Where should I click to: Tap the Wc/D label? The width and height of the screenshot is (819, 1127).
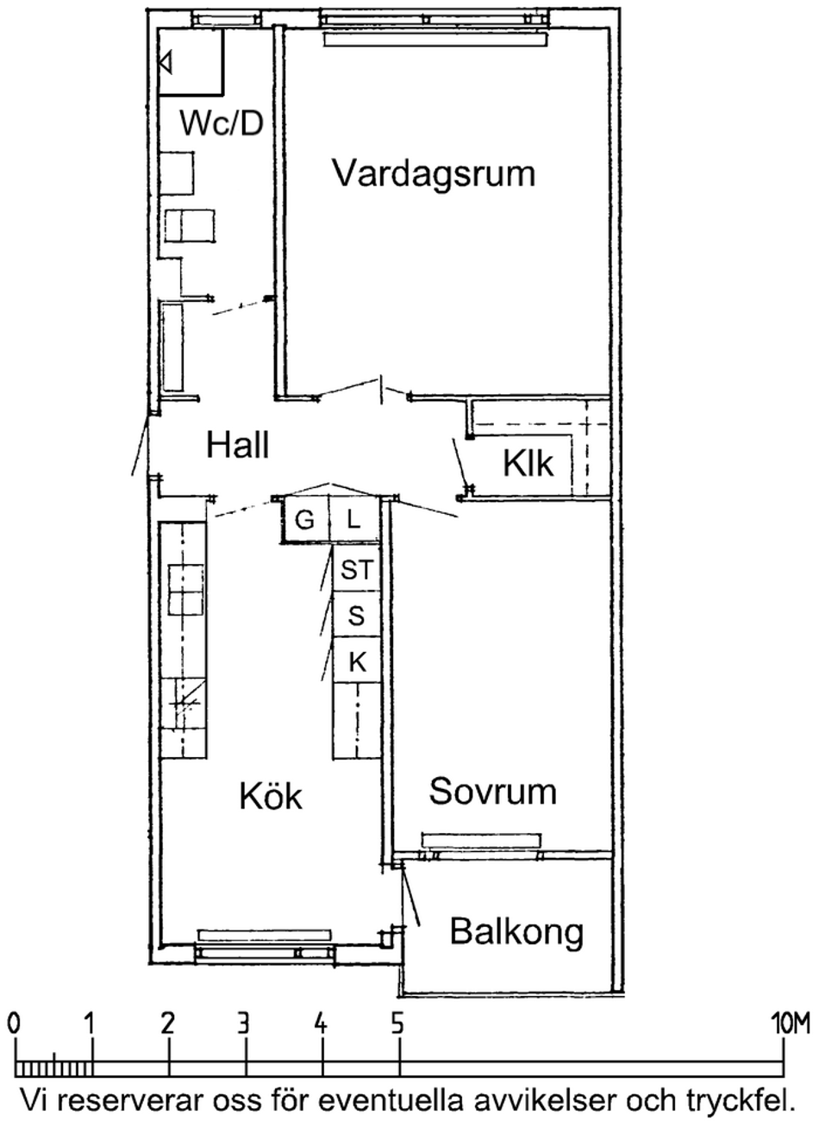222,123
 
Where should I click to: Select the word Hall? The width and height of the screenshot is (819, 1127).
237,444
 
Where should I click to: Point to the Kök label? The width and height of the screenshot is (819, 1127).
271,796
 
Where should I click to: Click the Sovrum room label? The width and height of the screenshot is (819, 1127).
492,791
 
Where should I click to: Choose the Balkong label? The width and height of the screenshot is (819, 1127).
516,932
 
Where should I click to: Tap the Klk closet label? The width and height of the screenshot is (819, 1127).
528,463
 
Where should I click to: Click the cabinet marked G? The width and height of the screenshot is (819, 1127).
305,519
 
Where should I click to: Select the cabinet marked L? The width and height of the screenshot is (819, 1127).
353,519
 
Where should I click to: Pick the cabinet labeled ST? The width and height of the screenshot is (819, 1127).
357,569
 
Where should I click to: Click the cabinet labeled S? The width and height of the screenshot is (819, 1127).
357,614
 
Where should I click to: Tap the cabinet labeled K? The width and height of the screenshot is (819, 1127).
357,660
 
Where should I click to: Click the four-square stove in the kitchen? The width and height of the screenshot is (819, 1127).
186,590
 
